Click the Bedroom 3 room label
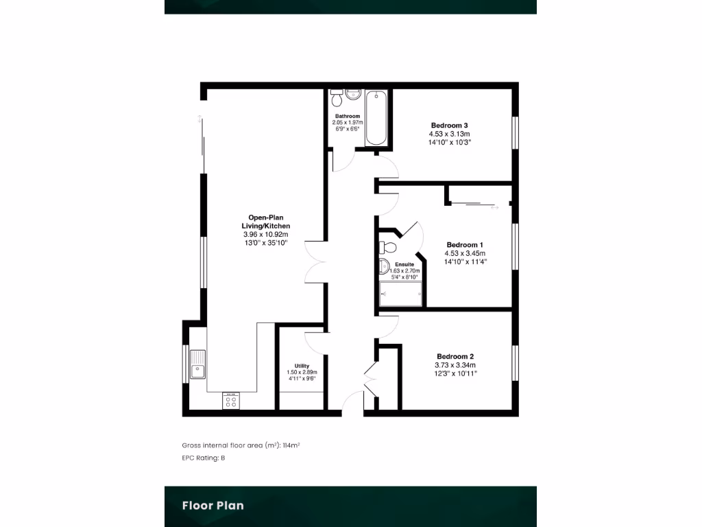[450, 125]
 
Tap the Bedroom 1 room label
[465, 245]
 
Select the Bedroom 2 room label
[455, 356]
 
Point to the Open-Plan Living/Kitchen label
[265, 222]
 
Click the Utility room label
[302, 366]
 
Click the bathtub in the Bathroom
[376, 119]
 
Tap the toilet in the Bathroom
[337, 99]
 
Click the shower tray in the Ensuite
[401, 294]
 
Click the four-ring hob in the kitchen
[231, 401]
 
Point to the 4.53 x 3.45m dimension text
[465, 253]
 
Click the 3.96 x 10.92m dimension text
[265, 234]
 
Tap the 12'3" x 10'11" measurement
[455, 373]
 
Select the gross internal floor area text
[241, 445]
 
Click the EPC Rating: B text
[204, 458]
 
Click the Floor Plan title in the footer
[213, 506]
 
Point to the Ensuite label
[404, 264]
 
